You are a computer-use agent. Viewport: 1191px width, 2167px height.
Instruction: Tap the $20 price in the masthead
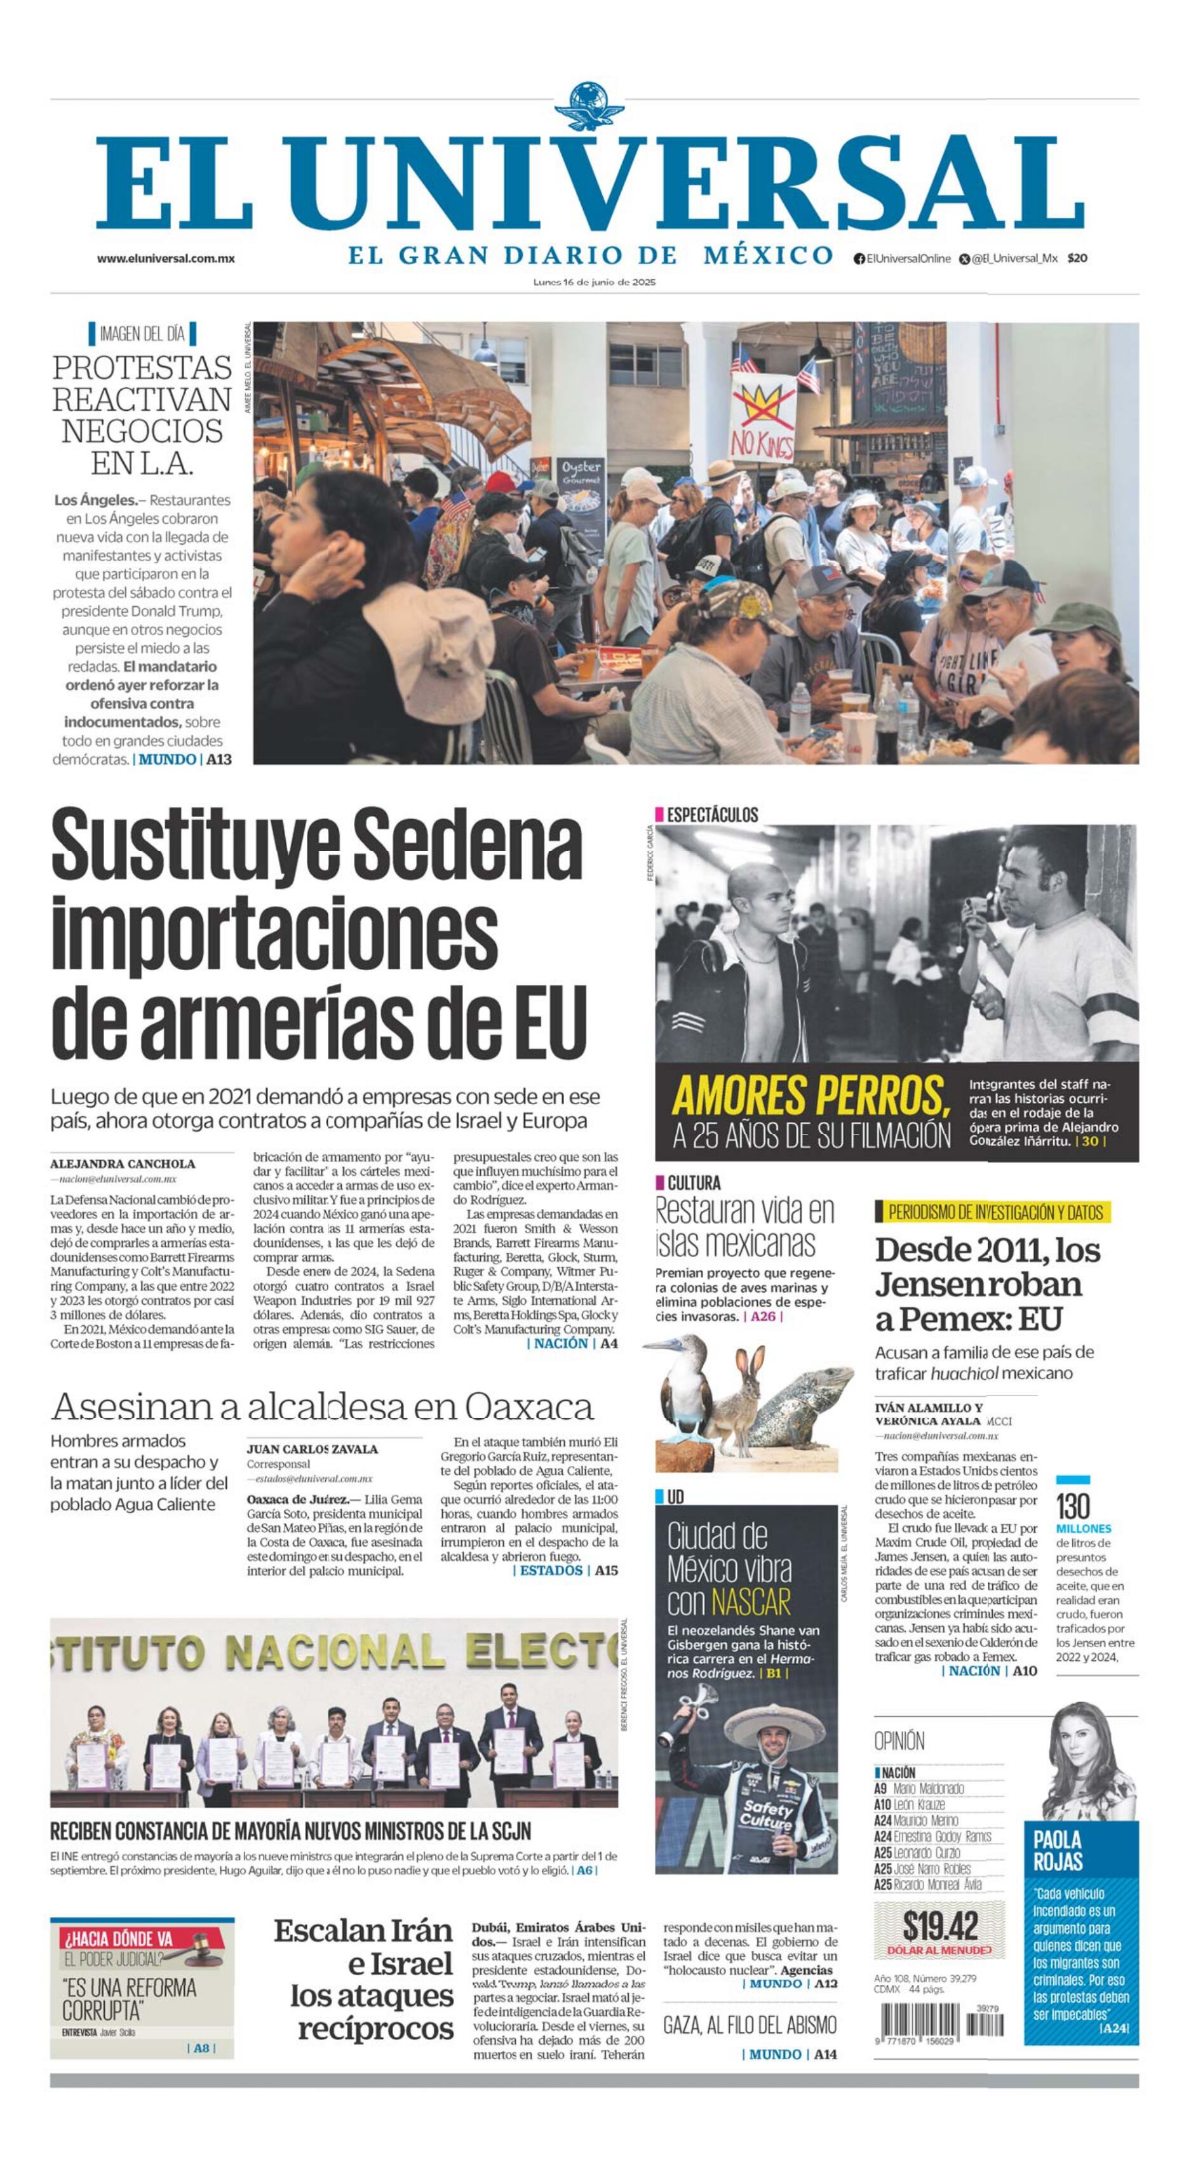pos(1077,258)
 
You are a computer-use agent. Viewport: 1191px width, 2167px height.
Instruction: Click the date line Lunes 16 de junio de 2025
pos(595,283)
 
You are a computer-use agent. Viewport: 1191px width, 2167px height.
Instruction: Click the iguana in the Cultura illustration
pos(800,1403)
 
